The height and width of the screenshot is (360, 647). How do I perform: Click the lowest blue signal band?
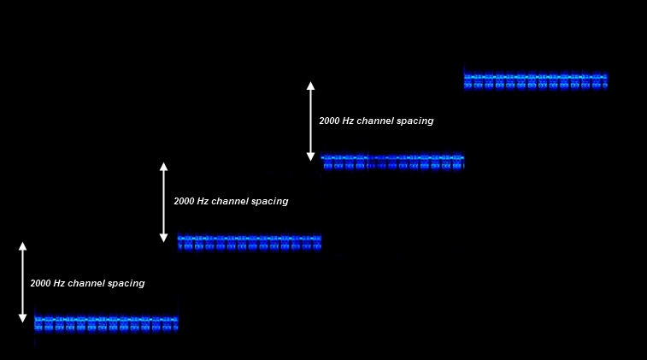coord(106,323)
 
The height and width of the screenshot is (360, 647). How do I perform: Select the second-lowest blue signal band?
coord(249,243)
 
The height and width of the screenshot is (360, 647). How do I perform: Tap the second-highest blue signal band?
coord(392,162)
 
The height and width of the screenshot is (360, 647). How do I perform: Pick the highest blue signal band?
coord(535,80)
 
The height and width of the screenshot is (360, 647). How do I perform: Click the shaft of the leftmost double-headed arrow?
coord(23,282)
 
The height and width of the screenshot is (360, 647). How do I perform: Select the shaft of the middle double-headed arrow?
coord(163,202)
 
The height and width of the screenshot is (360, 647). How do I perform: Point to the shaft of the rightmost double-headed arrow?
coord(311,121)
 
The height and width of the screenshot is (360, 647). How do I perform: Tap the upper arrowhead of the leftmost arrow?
coord(23,246)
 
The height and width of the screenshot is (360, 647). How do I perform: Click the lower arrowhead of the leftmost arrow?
coord(23,318)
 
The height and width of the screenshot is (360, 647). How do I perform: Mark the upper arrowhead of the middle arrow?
coord(163,167)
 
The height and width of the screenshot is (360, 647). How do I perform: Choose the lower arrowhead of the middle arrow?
coord(163,238)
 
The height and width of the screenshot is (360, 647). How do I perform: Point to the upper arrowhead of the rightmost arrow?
coord(311,86)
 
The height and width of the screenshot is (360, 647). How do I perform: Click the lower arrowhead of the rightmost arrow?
coord(311,156)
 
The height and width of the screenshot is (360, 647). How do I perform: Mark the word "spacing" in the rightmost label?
coord(415,121)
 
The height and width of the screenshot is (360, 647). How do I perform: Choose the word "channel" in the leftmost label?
coord(87,283)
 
